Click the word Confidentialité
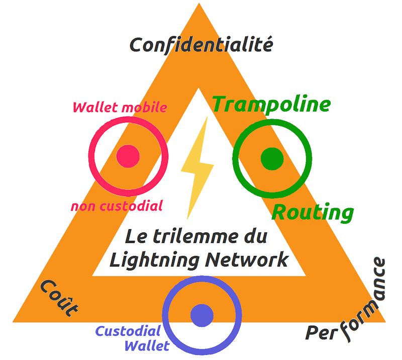(x=202, y=45)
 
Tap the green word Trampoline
(x=272, y=105)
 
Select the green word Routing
(x=313, y=213)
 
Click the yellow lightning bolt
(x=197, y=168)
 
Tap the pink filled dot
(x=128, y=156)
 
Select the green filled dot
(x=272, y=158)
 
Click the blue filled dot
(x=202, y=316)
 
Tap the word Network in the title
(x=247, y=259)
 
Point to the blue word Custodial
(x=128, y=331)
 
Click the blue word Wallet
(x=147, y=345)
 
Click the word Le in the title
(x=136, y=237)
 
